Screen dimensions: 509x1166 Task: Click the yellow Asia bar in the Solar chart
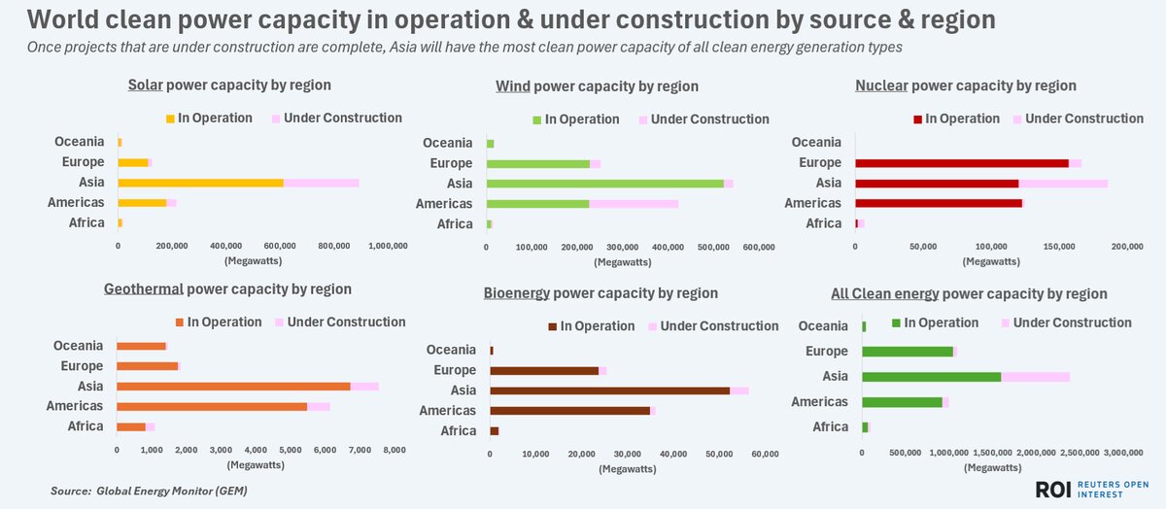tap(200, 183)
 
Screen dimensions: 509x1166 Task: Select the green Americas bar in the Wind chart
tap(537, 203)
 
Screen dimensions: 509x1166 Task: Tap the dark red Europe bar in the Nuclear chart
tap(961, 163)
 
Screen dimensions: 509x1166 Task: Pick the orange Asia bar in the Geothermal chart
tap(233, 386)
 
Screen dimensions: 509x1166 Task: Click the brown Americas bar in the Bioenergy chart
tap(569, 411)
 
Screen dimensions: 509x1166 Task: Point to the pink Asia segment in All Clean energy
tap(1035, 376)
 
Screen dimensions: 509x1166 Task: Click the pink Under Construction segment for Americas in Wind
tap(634, 203)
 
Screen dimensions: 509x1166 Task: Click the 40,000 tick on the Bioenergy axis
tap(672, 455)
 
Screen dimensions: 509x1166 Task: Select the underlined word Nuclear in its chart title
tap(881, 85)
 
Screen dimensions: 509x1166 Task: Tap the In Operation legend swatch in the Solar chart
tap(170, 119)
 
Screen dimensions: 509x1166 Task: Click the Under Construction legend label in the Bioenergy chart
tap(719, 326)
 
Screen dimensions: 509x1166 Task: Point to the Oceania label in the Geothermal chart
tap(79, 346)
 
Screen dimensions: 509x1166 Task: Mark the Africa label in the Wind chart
tap(454, 223)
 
